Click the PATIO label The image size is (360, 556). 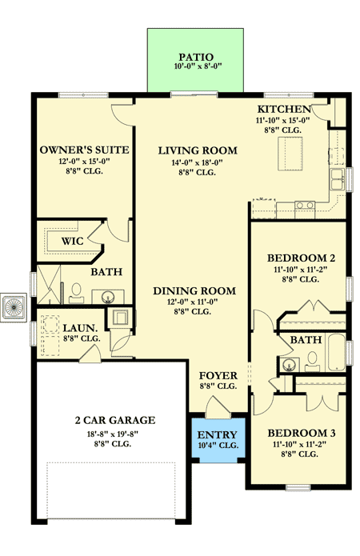(195, 57)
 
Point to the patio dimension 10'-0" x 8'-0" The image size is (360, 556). (195, 67)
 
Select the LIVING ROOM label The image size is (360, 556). (197, 150)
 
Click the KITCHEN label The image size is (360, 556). (283, 109)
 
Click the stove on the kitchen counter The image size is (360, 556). (304, 206)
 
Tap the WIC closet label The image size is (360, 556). (64, 240)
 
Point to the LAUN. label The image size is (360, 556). (79, 327)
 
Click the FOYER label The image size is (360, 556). (216, 374)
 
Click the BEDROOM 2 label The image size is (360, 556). (299, 258)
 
